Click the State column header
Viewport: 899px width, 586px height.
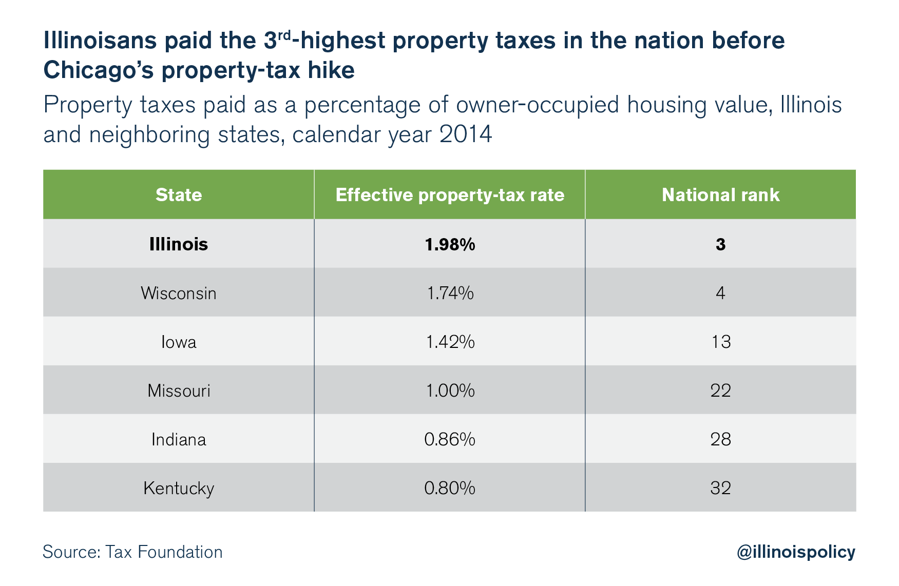pos(179,195)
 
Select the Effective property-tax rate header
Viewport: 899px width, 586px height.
pos(450,195)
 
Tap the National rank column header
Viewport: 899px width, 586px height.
pos(720,195)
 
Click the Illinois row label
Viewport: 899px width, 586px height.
pos(179,244)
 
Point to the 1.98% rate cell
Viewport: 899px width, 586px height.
pos(450,244)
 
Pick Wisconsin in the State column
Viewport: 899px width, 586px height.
pos(179,293)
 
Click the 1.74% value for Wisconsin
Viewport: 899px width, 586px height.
pos(450,293)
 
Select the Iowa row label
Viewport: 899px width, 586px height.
pos(179,342)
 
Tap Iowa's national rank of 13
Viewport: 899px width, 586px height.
pos(721,342)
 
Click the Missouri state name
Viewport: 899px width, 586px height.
pos(179,390)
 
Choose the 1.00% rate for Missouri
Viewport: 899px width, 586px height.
pos(450,390)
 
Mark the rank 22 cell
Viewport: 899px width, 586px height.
pos(721,390)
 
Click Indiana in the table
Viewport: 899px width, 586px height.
pos(179,439)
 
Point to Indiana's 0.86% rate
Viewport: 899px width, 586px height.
pos(450,439)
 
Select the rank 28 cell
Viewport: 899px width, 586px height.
pos(721,439)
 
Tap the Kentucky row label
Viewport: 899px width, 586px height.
pos(179,488)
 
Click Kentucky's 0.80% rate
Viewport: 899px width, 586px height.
pos(450,488)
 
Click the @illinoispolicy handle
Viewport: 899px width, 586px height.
pos(796,552)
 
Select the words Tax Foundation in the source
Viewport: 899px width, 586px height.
pos(164,552)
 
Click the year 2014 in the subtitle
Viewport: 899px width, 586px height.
pos(466,134)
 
